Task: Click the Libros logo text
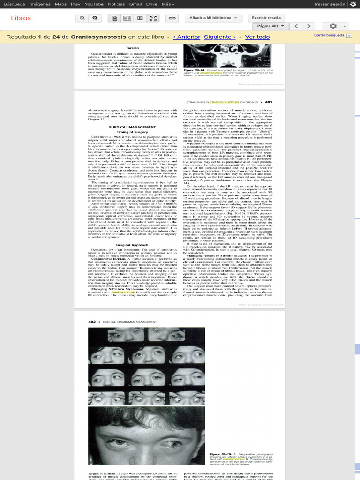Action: point(21,18)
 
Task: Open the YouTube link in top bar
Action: point(94,4)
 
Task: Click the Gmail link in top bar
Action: point(135,4)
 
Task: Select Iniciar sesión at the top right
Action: point(330,4)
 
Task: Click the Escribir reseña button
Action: point(266,18)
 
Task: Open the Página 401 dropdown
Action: point(270,26)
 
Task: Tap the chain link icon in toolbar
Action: point(172,18)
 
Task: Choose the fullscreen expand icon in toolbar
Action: point(153,18)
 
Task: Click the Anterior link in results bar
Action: point(187,37)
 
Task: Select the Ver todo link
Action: point(257,37)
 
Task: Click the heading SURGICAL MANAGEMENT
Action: point(126,127)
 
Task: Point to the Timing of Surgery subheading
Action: point(126,132)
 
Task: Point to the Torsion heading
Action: point(132,48)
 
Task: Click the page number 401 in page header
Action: point(269,102)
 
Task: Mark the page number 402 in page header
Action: point(92,322)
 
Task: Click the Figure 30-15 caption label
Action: point(220,454)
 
